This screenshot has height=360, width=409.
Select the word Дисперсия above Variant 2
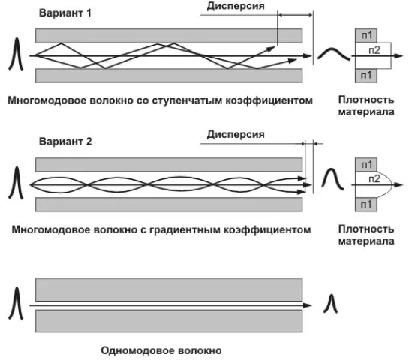click(x=236, y=135)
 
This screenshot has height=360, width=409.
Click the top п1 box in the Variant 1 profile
click(x=367, y=34)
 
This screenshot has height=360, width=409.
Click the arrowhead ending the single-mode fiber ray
click(x=308, y=306)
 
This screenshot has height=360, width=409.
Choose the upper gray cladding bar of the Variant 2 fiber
click(x=169, y=164)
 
